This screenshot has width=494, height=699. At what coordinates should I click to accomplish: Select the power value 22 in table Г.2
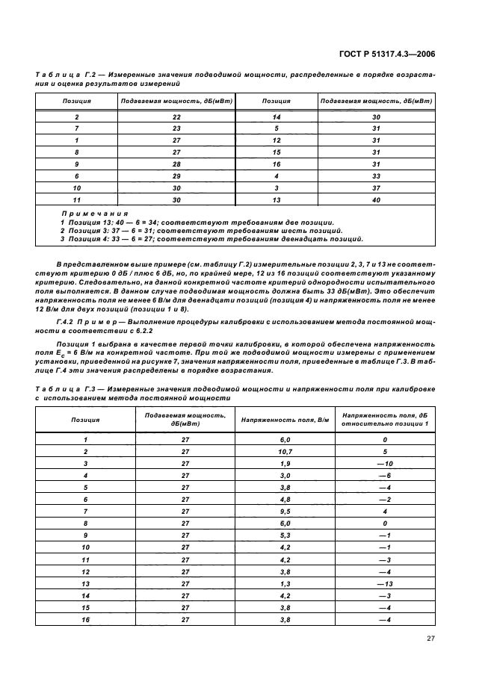click(x=176, y=117)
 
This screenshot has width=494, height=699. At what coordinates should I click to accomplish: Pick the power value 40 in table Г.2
click(x=376, y=200)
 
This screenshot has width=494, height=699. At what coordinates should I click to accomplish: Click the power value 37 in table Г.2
click(x=376, y=188)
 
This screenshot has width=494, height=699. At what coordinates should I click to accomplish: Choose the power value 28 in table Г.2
click(x=176, y=164)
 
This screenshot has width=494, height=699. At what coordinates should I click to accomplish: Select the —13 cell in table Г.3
click(x=386, y=582)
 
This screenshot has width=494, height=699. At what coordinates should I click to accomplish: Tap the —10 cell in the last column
click(x=386, y=463)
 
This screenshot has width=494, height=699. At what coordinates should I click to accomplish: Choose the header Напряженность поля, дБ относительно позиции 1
click(x=386, y=420)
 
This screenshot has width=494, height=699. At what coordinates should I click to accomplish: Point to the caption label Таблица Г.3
click(x=59, y=389)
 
